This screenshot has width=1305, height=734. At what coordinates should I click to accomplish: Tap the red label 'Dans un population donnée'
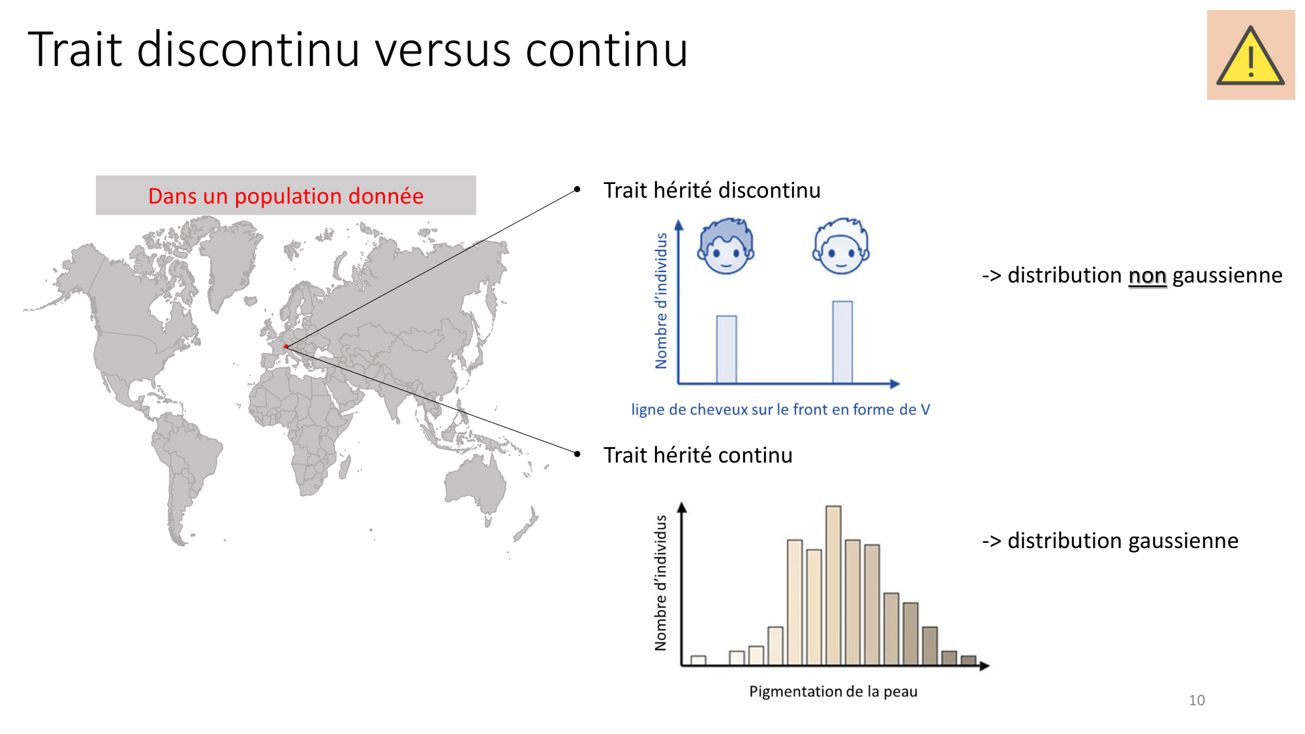[286, 196]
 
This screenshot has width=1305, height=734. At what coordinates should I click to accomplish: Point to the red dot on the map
[286, 346]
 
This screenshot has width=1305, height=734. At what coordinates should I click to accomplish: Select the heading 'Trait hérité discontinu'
[712, 190]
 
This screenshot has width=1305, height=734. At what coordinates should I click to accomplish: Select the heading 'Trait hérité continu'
[698, 455]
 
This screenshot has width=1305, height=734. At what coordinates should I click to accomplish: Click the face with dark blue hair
[726, 246]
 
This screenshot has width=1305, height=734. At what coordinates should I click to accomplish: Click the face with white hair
[841, 246]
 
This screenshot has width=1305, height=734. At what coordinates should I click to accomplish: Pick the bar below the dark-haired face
[726, 349]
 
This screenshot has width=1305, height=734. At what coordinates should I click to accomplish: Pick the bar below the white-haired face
[842, 342]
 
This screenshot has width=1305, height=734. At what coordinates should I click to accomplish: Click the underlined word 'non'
[1147, 276]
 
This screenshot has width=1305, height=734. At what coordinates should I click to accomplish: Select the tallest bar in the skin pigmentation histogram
[833, 585]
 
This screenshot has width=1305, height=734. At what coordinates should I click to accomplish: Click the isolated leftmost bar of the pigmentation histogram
[698, 660]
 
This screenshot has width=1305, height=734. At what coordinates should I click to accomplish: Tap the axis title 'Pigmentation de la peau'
[833, 692]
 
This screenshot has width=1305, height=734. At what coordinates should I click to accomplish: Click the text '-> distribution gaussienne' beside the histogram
[1110, 541]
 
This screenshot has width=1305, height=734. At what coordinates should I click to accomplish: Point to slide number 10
[1197, 700]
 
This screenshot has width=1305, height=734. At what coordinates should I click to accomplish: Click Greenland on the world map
[230, 261]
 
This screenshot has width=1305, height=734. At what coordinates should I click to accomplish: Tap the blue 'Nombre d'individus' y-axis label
[662, 301]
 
